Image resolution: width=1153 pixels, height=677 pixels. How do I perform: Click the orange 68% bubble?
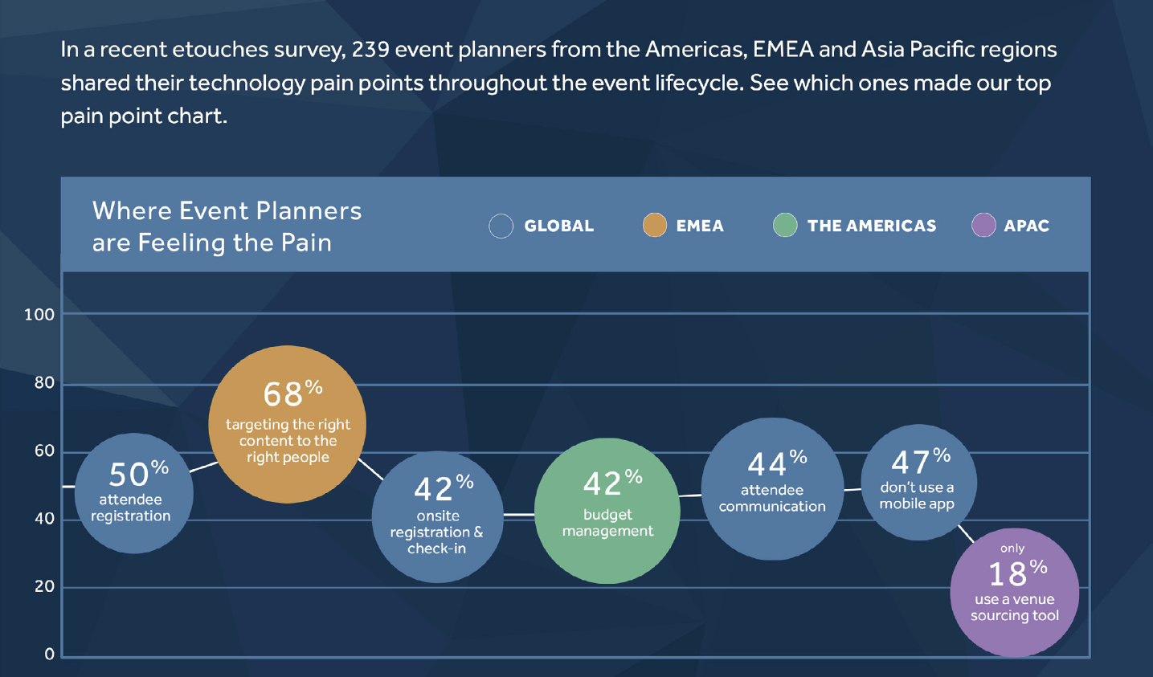pos(287,424)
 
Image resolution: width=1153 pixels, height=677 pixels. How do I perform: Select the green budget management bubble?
pos(607,511)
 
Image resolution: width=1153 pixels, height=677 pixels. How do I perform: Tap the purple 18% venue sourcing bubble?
pos(1015,593)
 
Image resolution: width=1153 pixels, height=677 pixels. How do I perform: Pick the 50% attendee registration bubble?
pos(134,493)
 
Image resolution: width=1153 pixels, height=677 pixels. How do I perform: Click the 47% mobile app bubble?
pos(919,483)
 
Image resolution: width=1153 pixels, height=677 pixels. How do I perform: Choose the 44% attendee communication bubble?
pos(773,489)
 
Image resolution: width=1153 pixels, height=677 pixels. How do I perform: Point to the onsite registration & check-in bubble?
pos(438,517)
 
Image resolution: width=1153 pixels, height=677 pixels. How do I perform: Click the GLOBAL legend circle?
pos(501,226)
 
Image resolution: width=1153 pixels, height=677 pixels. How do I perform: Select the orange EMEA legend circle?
pos(655,225)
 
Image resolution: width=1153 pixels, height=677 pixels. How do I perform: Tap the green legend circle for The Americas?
pos(785,225)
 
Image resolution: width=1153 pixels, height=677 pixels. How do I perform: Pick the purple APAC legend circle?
pos(983,225)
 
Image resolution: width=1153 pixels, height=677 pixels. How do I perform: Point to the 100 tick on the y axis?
pos(39,314)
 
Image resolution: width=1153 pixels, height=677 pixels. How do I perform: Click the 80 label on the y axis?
pos(44,383)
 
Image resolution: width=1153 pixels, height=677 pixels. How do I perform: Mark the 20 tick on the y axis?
pos(44,586)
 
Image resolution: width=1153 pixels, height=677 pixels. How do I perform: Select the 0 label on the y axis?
pos(50,655)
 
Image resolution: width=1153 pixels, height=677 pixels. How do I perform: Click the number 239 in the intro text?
pos(370,50)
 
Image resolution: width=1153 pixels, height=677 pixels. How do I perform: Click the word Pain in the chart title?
pos(307,243)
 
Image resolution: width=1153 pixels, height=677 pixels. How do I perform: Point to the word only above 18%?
pos(1012,549)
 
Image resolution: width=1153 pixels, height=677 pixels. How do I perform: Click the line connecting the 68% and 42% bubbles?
pos(370,469)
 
